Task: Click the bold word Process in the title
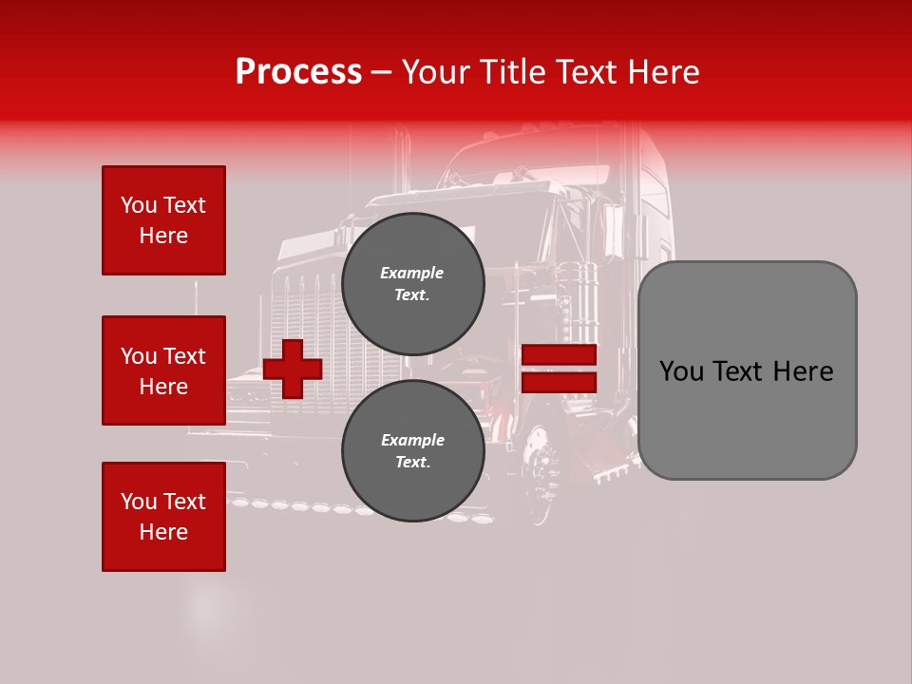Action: [298, 72]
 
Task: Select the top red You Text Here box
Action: [163, 220]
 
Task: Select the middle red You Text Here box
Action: [163, 370]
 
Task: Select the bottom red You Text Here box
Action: [163, 517]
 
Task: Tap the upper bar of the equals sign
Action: [559, 355]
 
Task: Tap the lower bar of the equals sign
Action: [559, 382]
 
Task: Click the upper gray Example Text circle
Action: [412, 283]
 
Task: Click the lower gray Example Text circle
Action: [412, 450]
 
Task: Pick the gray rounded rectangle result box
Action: [747, 370]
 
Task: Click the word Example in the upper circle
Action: [412, 273]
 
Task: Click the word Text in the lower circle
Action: [412, 463]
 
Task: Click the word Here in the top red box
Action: [163, 236]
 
